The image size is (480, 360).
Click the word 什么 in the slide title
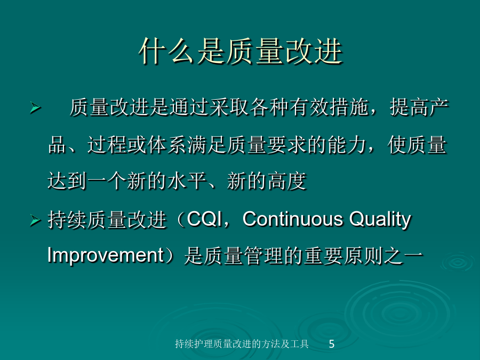coord(166,51)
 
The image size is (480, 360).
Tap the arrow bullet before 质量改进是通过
coord(36,108)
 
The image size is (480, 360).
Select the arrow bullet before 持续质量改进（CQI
coord(36,220)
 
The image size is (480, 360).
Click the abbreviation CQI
coord(204,219)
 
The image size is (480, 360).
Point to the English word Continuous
coord(293,219)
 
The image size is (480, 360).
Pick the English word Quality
coord(380,220)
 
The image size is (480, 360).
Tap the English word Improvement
coord(106,256)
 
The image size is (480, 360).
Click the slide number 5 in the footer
coord(332,344)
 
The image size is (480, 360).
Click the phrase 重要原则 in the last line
coord(343,256)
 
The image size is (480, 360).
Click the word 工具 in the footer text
coord(299,344)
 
